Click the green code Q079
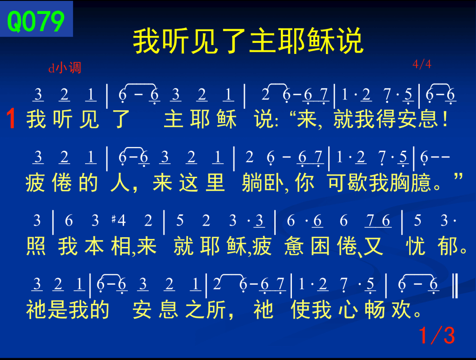pyautogui.click(x=36, y=21)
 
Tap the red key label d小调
pyautogui.click(x=65, y=68)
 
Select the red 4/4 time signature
pyautogui.click(x=422, y=64)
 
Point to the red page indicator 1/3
pyautogui.click(x=437, y=335)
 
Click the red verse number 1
pyautogui.click(x=11, y=119)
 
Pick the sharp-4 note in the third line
pyautogui.click(x=119, y=220)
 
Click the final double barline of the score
pyautogui.click(x=455, y=285)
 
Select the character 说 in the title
pyautogui.click(x=350, y=41)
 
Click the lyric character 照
pyautogui.click(x=36, y=246)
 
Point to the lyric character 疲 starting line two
pyautogui.click(x=35, y=183)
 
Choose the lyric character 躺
pyautogui.click(x=252, y=183)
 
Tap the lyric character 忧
pyautogui.click(x=416, y=246)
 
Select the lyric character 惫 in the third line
pyautogui.click(x=294, y=246)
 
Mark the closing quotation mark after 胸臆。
pyautogui.click(x=458, y=176)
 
